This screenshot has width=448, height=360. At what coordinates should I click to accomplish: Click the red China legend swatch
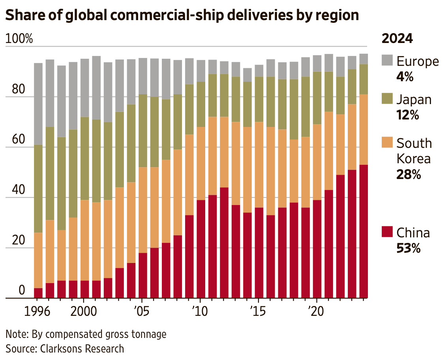pos(388,232)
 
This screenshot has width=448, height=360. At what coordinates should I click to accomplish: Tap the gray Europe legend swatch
pos(388,61)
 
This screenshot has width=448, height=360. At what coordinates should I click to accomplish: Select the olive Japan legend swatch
pos(388,99)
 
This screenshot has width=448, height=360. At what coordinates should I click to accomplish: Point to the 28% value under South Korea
pos(409,174)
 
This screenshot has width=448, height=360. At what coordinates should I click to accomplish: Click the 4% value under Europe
pos(405,77)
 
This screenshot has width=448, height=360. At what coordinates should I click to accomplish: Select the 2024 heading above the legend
pos(397,39)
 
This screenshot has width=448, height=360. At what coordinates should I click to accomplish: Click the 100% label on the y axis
pos(19,39)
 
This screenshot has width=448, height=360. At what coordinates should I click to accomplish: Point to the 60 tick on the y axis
pos(19,140)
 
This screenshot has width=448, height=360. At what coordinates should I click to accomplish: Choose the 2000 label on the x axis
pos(84,311)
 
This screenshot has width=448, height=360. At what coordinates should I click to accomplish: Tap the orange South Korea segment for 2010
pos(201,163)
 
